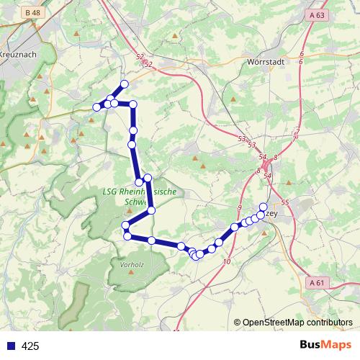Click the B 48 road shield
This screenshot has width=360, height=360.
31,13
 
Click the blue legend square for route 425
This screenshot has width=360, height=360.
10,346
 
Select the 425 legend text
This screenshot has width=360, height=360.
30,346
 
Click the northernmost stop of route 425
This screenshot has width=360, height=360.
124,84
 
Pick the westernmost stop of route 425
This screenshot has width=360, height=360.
96,107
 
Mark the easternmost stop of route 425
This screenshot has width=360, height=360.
263,207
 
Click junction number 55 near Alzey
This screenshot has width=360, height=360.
285,203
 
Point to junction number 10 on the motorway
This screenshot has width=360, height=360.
227,263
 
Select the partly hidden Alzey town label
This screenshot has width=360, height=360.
272,212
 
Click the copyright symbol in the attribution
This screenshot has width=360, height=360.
238,323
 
